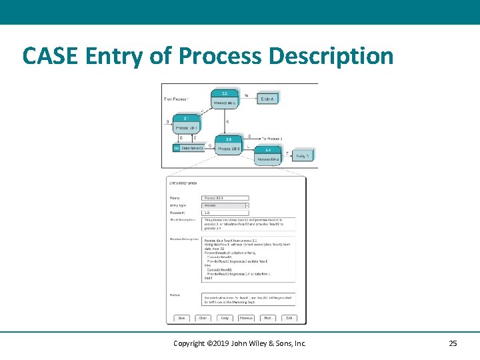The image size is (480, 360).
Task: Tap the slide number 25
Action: (453, 343)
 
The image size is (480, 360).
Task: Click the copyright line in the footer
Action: (239, 343)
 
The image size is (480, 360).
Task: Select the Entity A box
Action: (267, 99)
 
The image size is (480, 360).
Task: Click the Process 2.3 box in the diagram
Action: (229, 144)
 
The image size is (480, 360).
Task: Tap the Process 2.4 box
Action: (268, 155)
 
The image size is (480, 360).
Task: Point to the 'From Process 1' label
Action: (177, 99)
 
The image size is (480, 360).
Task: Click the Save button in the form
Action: (182, 318)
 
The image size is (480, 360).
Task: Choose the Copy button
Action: (225, 318)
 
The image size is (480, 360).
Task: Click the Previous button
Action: (246, 318)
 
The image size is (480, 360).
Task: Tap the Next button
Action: (267, 318)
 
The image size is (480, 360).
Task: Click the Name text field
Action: (225, 198)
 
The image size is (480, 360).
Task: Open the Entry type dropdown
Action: (225, 205)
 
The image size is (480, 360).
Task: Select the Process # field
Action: (225, 213)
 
